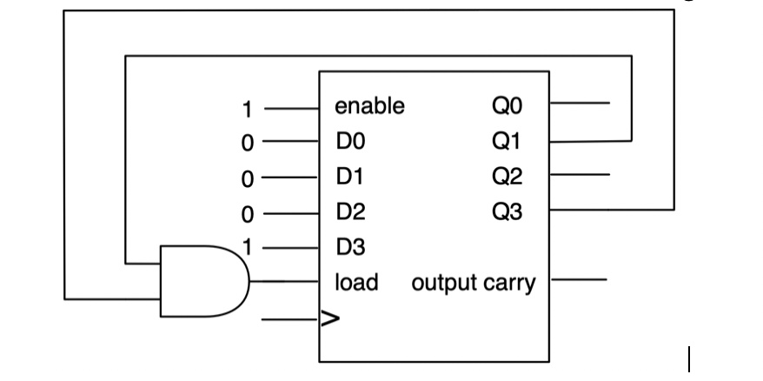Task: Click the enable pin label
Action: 369,107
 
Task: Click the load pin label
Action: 356,283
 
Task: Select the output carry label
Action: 474,284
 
